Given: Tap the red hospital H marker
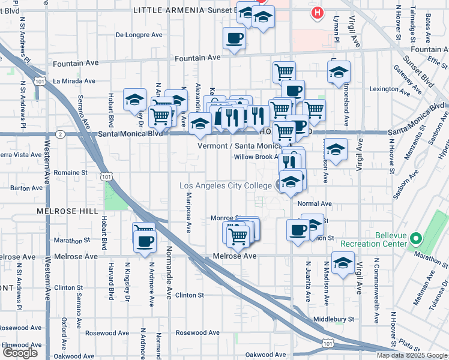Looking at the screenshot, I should pos(316,12).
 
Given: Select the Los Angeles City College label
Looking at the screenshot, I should pos(226,185).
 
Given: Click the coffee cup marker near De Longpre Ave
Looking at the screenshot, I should pos(234,38).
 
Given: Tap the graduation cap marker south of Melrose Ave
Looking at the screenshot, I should pos(343,263).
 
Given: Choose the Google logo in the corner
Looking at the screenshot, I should pos(20,353).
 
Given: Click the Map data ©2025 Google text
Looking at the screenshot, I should pos(412,355).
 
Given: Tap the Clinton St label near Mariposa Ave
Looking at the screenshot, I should pos(190,295).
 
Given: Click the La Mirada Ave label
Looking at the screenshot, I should pos(74,81).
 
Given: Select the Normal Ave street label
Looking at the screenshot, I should pos(314,204).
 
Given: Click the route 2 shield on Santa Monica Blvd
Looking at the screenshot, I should pos(61,134).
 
